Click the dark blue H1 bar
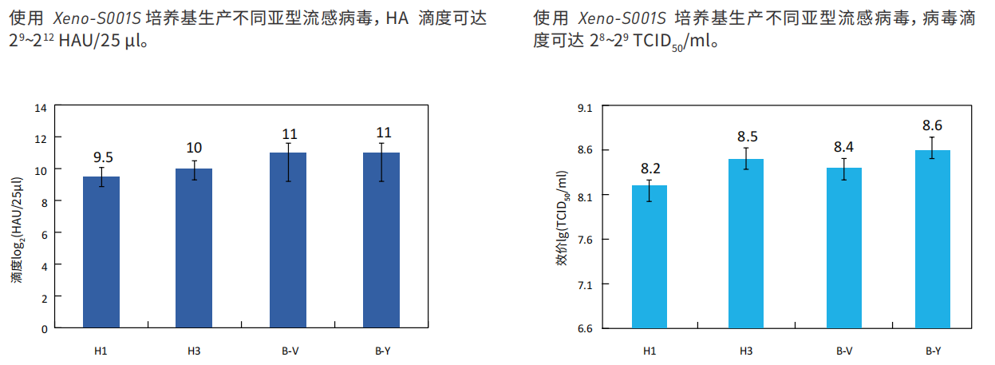(x=101, y=252)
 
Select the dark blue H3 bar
(x=194, y=248)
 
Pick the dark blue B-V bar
(x=288, y=240)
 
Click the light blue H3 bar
(x=746, y=244)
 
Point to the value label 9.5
(x=102, y=157)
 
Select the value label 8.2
(x=650, y=169)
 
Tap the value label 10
(x=194, y=148)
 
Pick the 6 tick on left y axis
(x=45, y=232)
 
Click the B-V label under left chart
(x=288, y=349)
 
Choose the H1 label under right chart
(x=650, y=350)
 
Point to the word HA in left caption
(x=397, y=18)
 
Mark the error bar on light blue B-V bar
(x=844, y=169)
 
